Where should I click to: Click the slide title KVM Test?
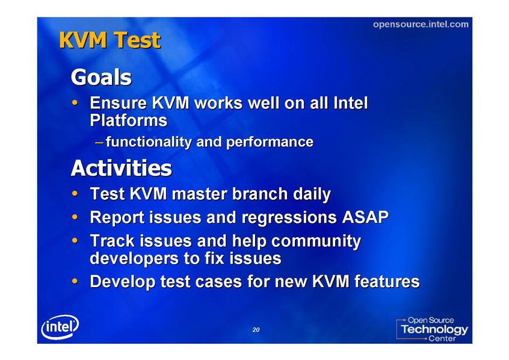click(x=110, y=40)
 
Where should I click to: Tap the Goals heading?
click(x=101, y=77)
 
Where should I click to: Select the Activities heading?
click(x=122, y=168)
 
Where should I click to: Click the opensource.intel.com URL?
click(x=421, y=24)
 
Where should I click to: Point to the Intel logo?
click(x=60, y=327)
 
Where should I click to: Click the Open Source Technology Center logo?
click(x=432, y=329)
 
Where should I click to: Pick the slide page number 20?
click(x=256, y=330)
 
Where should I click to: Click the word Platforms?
click(x=129, y=120)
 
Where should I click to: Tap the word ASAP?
click(x=365, y=217)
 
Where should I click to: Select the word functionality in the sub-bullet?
click(x=149, y=142)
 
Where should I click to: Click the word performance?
click(x=270, y=142)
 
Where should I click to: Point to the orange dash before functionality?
click(x=99, y=142)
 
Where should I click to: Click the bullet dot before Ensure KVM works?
click(x=75, y=103)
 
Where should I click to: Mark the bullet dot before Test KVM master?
click(x=75, y=194)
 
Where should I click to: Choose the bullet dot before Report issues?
click(x=75, y=217)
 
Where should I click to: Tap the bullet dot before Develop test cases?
click(x=75, y=281)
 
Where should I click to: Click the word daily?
click(x=312, y=194)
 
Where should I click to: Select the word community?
click(x=316, y=241)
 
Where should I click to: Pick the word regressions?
click(x=289, y=218)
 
